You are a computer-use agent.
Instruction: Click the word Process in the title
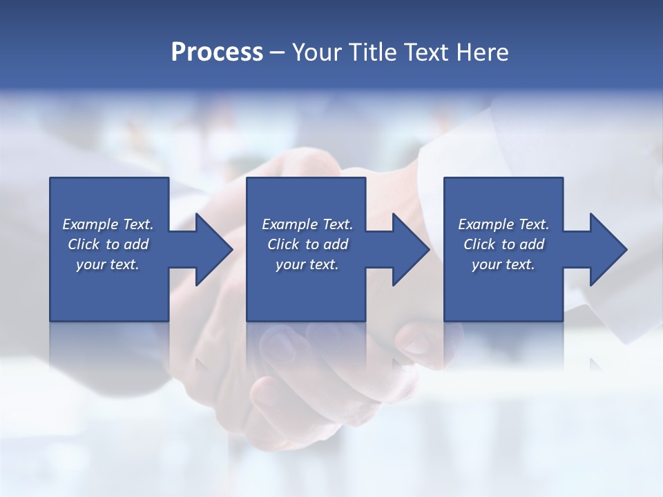click(217, 52)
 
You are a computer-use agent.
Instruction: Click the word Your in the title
click(318, 52)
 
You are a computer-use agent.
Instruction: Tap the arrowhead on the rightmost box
click(607, 249)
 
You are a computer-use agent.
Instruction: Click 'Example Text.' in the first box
click(108, 224)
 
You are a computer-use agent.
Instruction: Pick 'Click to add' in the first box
click(108, 244)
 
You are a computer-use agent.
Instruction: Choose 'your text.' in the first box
click(108, 264)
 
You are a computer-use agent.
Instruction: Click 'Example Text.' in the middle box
click(307, 224)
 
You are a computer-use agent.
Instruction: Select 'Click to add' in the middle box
click(307, 244)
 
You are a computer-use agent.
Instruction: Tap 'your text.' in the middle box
click(307, 264)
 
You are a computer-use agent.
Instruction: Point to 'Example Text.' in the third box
click(503, 224)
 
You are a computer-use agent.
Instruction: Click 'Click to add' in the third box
click(503, 244)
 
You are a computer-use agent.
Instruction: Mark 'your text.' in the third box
click(503, 264)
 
